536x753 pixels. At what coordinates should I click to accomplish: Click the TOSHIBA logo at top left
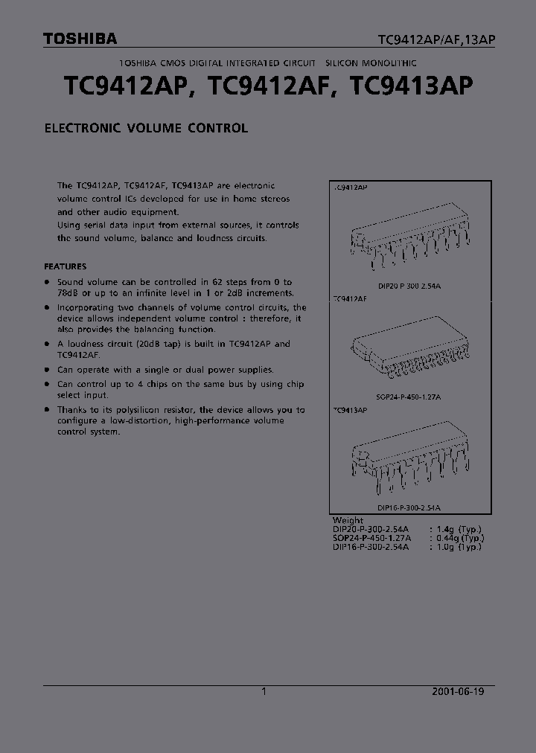(80, 39)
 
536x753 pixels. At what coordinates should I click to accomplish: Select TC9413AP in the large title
(412, 88)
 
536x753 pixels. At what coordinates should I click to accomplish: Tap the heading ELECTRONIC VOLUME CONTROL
(146, 128)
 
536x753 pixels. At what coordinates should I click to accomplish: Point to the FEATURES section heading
(66, 266)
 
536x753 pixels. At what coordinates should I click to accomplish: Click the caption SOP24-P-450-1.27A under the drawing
(409, 397)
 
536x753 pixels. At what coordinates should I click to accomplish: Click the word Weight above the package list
(348, 520)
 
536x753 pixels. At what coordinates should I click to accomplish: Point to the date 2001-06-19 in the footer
(458, 691)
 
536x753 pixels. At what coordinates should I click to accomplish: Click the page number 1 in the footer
(264, 691)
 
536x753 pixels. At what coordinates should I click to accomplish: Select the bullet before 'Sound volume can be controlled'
(48, 283)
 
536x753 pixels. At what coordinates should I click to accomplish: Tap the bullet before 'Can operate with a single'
(48, 370)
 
